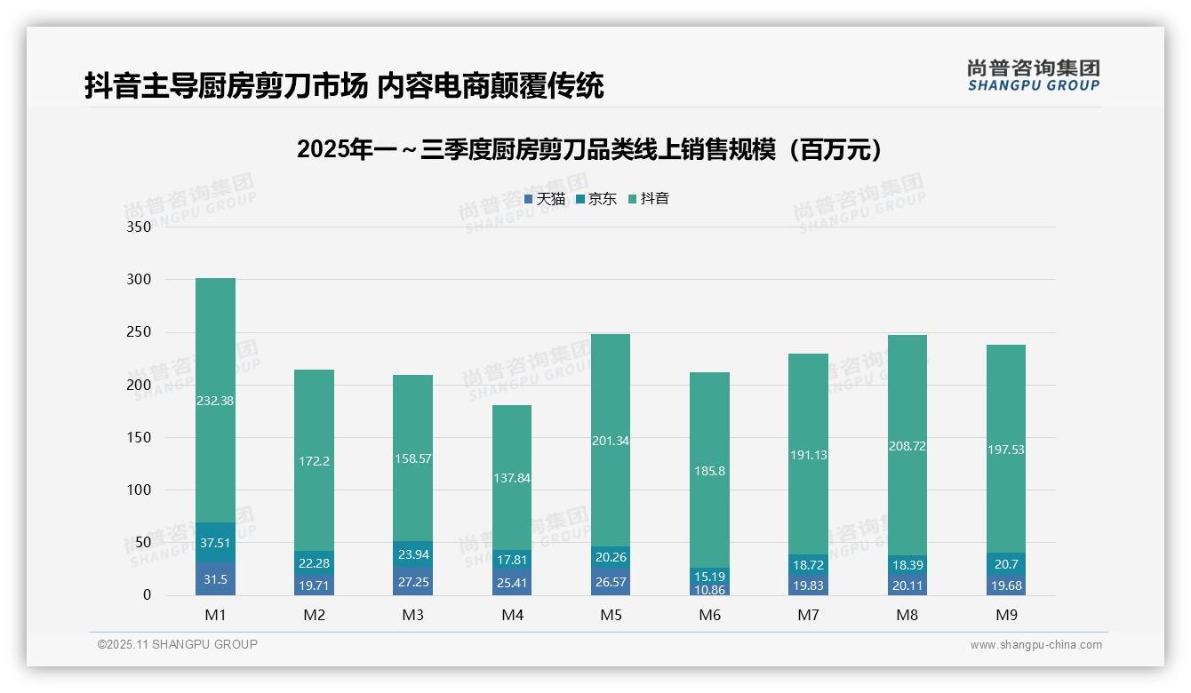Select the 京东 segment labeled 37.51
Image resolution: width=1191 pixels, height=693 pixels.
point(215,543)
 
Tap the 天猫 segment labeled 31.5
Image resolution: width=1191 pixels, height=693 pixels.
point(215,579)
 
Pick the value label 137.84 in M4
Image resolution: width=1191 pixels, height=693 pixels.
point(511,478)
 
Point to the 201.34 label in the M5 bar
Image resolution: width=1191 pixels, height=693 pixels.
point(610,441)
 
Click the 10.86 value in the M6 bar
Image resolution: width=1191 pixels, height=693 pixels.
point(709,589)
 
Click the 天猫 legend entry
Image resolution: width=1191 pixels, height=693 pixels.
point(545,199)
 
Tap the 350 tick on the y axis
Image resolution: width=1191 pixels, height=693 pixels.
point(140,227)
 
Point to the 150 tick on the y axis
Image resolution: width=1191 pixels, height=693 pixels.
point(140,437)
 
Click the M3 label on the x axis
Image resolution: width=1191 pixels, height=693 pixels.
point(413,615)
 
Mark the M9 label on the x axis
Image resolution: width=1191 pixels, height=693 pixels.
point(1006,615)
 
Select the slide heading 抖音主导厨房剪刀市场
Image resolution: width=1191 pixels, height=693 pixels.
point(344,85)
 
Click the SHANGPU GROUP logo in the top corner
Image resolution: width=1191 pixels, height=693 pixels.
point(1033,76)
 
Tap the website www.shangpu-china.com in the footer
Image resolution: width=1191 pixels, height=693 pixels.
point(1035,645)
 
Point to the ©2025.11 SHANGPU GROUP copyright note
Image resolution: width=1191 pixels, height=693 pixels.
point(178,645)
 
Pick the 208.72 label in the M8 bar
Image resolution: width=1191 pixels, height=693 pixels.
point(907,446)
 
